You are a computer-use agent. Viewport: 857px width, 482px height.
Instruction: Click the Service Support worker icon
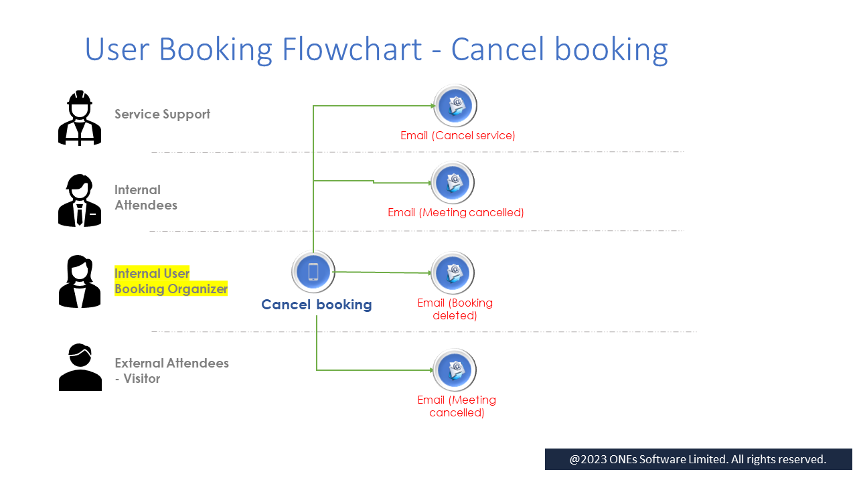click(80, 118)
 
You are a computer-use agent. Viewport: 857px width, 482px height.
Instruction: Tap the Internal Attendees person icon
click(80, 200)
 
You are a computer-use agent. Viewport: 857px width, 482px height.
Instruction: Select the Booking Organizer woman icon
click(80, 281)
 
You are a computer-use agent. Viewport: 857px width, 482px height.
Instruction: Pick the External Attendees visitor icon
click(80, 367)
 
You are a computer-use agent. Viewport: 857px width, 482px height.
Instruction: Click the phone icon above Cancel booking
click(313, 272)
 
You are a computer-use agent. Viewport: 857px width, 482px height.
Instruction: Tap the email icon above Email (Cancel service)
click(455, 106)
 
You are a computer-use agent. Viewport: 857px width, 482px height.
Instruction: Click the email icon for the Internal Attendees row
click(453, 182)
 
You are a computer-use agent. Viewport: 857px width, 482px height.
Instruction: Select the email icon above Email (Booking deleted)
click(453, 273)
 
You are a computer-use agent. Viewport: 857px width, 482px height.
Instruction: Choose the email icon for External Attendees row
click(455, 370)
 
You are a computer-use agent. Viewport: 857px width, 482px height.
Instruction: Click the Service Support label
click(162, 114)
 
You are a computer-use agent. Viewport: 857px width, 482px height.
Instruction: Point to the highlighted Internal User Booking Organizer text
click(171, 281)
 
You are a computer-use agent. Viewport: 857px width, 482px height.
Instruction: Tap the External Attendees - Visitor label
click(171, 371)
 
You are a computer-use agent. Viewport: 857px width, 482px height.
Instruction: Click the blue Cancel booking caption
click(316, 305)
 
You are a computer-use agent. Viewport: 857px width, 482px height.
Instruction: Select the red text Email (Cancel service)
click(458, 136)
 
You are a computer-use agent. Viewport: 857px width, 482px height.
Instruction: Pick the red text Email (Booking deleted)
click(455, 309)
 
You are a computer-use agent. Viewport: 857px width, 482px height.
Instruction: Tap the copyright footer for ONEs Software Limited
click(698, 459)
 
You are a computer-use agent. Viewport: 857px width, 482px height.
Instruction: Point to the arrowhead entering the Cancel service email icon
click(433, 106)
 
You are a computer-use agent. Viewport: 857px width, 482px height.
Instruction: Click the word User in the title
click(118, 50)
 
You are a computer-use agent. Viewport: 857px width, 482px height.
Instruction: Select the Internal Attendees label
click(145, 197)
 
